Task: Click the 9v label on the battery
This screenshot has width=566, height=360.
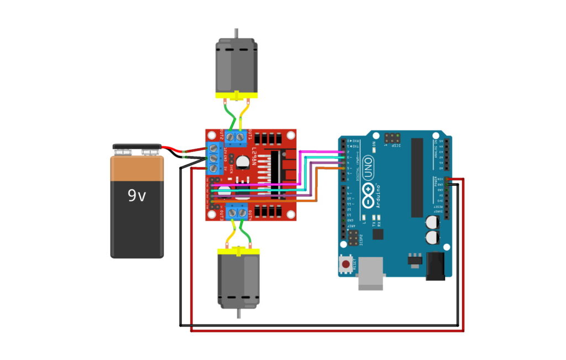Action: point(137,195)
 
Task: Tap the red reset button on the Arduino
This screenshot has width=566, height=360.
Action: point(346,264)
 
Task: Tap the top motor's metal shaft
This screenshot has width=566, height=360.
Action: point(237,33)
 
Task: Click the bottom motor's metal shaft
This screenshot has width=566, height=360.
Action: point(238,313)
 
